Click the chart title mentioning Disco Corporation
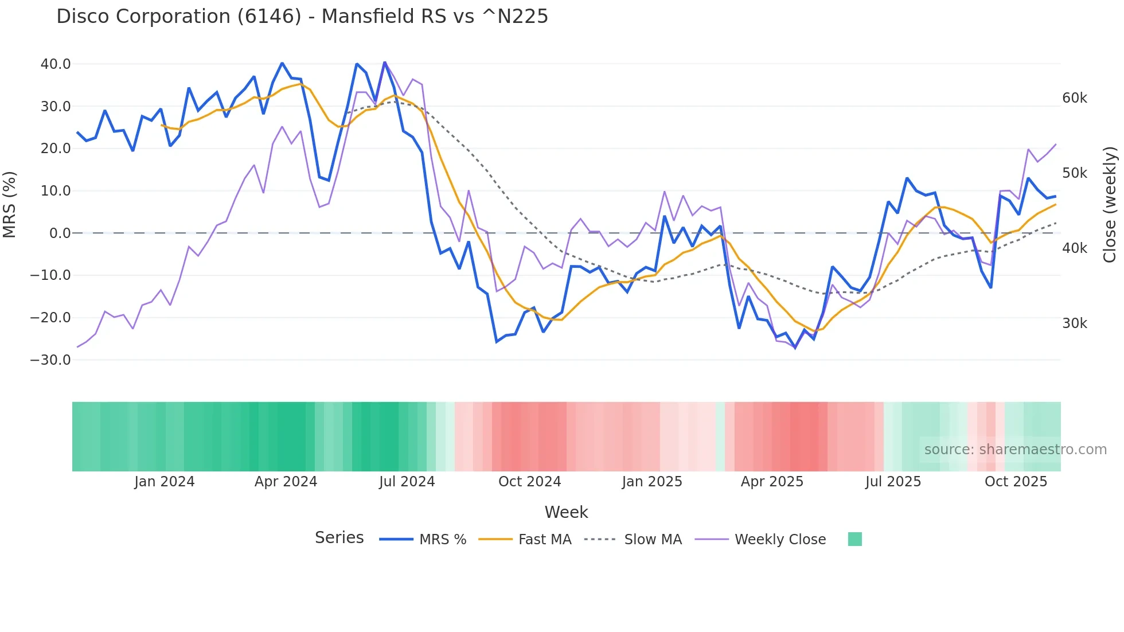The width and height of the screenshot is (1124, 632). coord(302,17)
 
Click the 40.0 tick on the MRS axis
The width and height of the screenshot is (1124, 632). coord(56,64)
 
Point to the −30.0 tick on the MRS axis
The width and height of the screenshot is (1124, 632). coord(50,360)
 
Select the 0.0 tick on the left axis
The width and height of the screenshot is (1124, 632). coord(60,233)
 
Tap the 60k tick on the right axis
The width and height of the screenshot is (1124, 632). coord(1074,98)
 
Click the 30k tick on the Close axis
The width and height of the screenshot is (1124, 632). coord(1074,323)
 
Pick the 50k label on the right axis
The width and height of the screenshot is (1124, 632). coord(1074,173)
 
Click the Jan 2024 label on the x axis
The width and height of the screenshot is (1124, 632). coord(165,482)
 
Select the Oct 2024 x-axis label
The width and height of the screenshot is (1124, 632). coord(529,482)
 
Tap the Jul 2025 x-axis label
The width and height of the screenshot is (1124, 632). coord(893,482)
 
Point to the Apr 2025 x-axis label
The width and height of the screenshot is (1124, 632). coord(772,482)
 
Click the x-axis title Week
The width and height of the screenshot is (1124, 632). coord(566,512)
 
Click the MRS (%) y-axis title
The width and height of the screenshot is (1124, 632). coord(10,205)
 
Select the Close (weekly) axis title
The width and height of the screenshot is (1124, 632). coord(1110,205)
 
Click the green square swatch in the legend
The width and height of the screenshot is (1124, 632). coord(855,539)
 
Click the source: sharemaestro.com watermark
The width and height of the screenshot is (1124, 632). coord(1015,450)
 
